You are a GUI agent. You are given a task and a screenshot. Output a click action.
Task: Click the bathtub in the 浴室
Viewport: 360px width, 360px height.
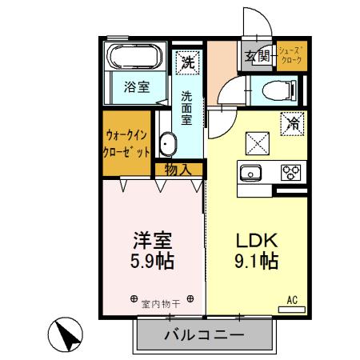pyautogui.click(x=134, y=58)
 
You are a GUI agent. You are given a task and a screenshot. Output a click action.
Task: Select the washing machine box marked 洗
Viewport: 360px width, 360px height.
pyautogui.click(x=187, y=60)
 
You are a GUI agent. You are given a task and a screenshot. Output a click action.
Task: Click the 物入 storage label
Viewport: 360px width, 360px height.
pyautogui.click(x=177, y=169)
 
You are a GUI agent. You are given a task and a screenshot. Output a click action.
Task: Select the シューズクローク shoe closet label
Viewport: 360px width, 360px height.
pyautogui.click(x=292, y=55)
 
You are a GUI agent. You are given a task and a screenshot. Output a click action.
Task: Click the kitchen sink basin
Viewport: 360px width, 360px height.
pyautogui.click(x=250, y=172)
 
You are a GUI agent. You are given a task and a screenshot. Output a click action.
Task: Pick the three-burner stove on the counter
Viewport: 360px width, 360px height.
pyautogui.click(x=290, y=171)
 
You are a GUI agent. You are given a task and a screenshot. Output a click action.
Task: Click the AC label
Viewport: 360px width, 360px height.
pyautogui.click(x=293, y=300)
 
